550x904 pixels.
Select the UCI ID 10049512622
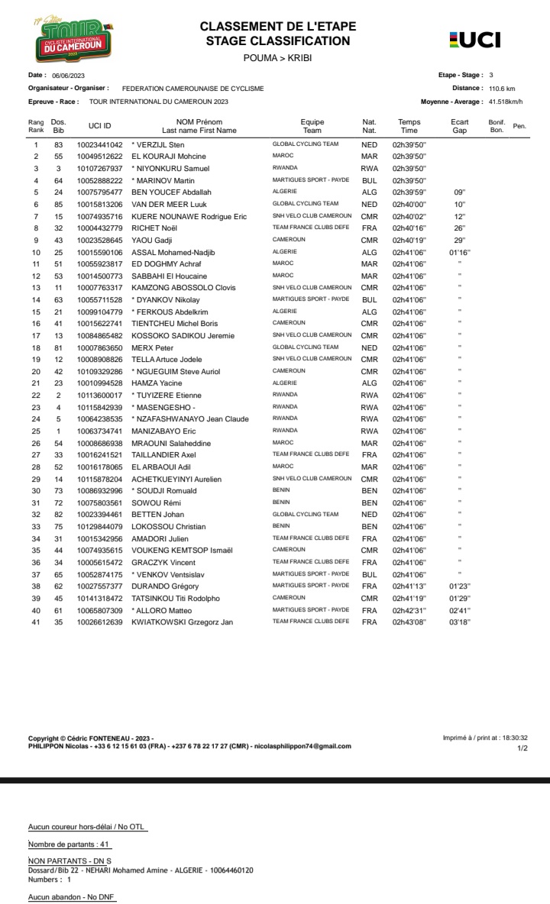point(99,157)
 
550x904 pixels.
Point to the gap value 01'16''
point(460,252)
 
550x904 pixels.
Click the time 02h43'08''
point(409,622)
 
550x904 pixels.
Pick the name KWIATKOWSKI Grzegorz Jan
point(183,622)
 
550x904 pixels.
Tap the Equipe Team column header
point(312,126)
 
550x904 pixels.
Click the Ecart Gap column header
point(459,126)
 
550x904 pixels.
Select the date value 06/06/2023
point(68,76)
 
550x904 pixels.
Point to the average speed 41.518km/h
point(506,101)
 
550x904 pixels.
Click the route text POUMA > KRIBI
point(277,58)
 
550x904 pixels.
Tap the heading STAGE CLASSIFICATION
point(278,41)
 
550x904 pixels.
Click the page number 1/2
point(522,748)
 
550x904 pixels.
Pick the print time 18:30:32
point(511,738)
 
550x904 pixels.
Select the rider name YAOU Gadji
point(150,240)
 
